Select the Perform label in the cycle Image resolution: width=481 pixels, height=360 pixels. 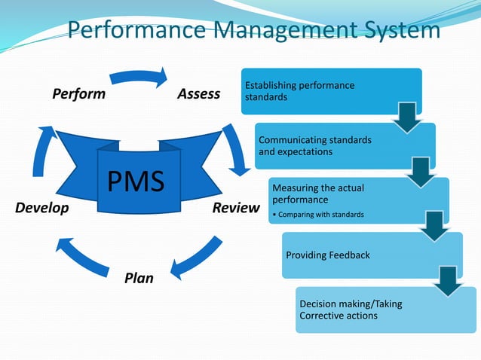pyautogui.click(x=78, y=94)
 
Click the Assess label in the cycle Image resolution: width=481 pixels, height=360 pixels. pyautogui.click(x=198, y=94)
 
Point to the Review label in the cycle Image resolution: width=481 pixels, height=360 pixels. pyautogui.click(x=235, y=208)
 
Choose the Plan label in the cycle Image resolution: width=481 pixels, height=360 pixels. pyautogui.click(x=139, y=278)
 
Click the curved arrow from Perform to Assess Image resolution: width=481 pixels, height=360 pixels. pyautogui.click(x=139, y=76)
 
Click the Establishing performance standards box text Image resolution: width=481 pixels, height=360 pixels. pyautogui.click(x=299, y=91)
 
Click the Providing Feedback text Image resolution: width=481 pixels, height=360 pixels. pyautogui.click(x=328, y=255)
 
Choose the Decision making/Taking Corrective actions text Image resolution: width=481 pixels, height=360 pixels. pyautogui.click(x=351, y=310)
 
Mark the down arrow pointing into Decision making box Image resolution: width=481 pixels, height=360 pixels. pyautogui.click(x=449, y=280)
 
